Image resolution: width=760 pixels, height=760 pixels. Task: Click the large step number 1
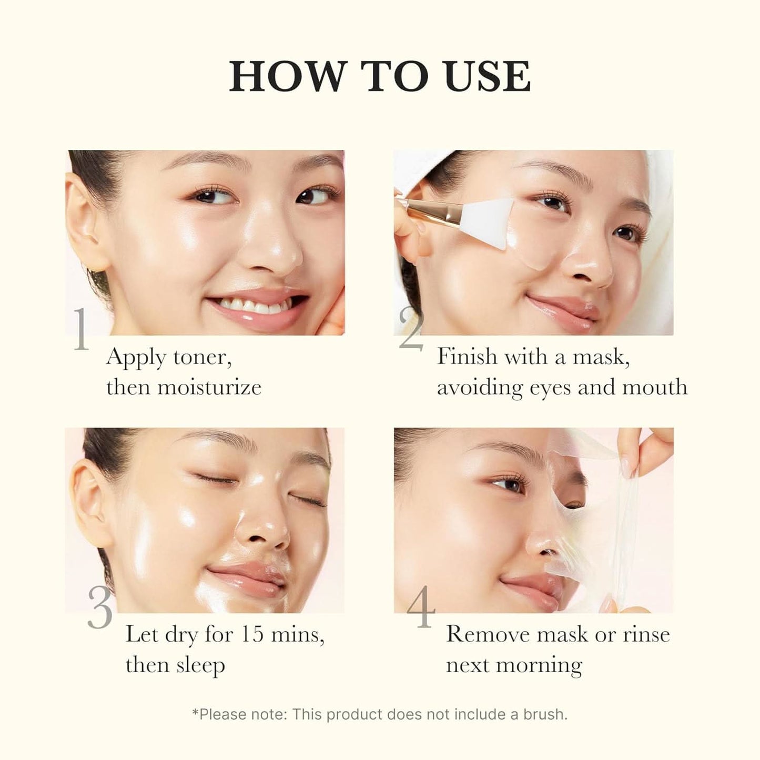tap(82, 330)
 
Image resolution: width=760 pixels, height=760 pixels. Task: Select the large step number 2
tap(411, 330)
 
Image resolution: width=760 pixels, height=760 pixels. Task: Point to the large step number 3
tap(100, 607)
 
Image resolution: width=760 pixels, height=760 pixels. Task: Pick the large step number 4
tap(421, 609)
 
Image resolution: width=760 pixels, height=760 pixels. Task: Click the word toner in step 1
tap(202, 358)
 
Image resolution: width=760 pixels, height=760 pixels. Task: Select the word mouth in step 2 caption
tap(654, 388)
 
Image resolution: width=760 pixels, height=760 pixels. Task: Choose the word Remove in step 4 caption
tap(487, 634)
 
